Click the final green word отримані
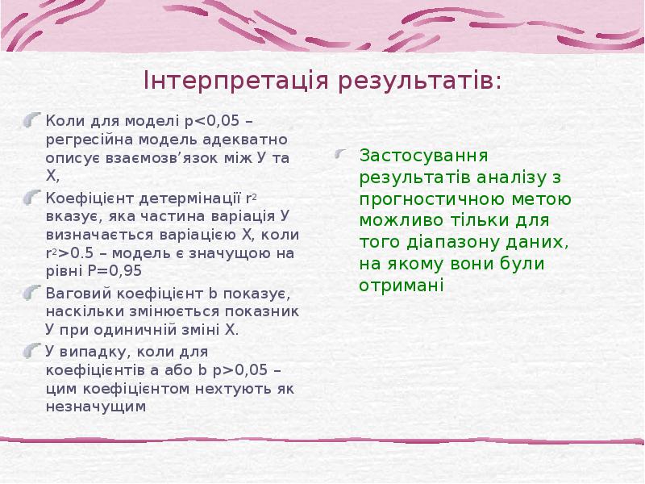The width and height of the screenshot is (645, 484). (x=402, y=285)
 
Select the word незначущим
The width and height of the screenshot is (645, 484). (x=96, y=406)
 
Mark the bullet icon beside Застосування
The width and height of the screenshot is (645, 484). (x=343, y=155)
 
